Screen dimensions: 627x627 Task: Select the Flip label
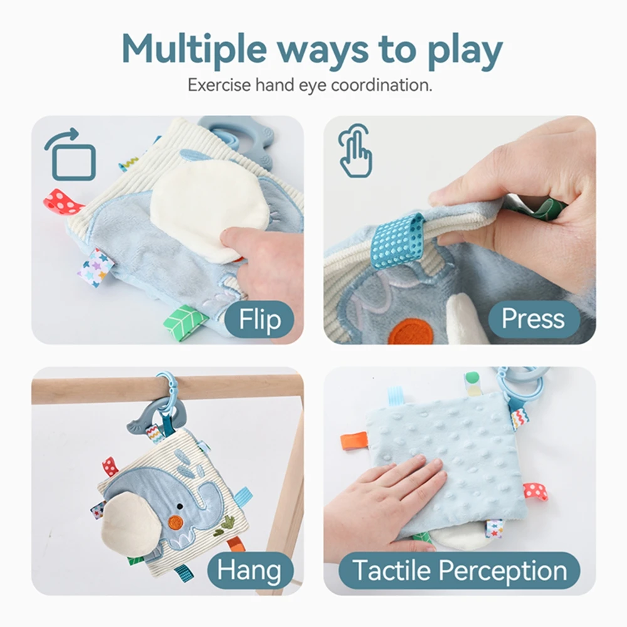pos(260,320)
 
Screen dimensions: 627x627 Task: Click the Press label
pos(532,319)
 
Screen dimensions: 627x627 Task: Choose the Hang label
pos(248,571)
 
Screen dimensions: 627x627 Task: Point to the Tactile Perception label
pos(459,571)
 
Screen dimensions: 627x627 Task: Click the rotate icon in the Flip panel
pos(70,154)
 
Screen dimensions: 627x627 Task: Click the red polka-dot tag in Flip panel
pos(63,203)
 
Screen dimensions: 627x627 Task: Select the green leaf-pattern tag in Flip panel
pos(186,320)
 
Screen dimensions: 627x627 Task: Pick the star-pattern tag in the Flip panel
pos(95,267)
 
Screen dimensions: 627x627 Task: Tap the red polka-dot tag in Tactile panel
pos(535,491)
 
